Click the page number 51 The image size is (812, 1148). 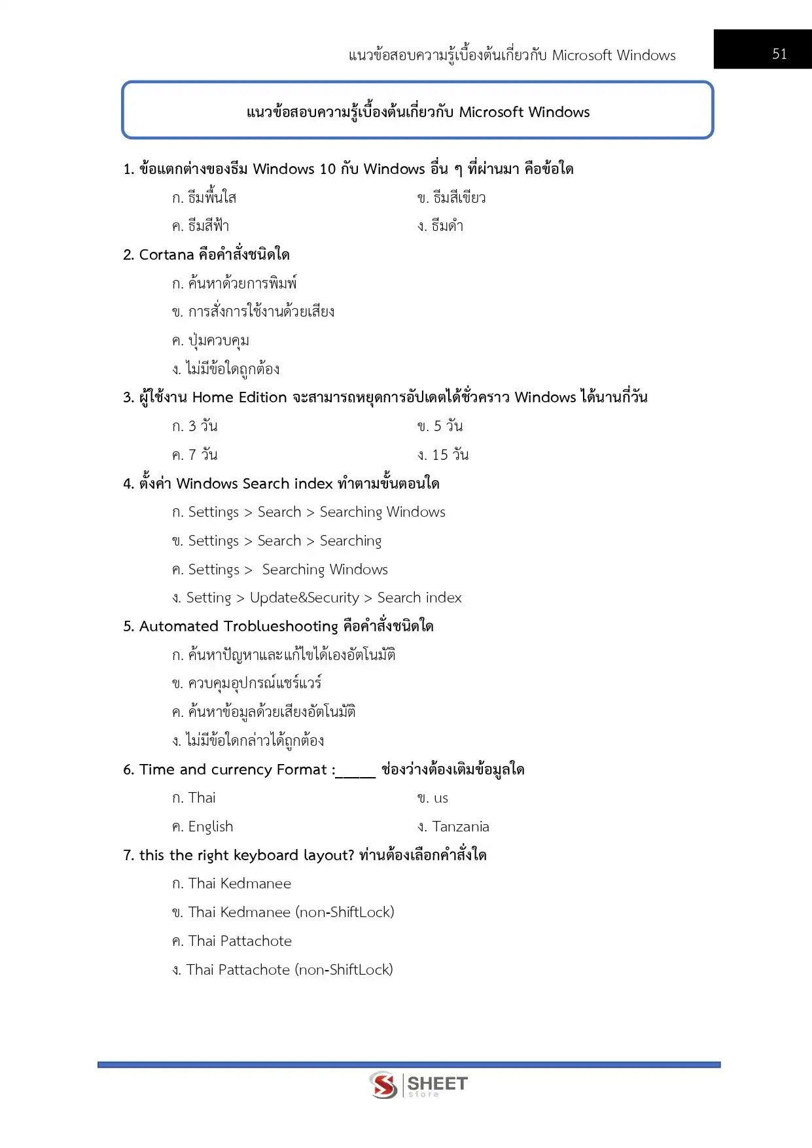[779, 54]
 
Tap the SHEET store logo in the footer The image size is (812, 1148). [419, 1085]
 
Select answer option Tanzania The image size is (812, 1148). [460, 827]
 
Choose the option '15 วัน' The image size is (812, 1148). [450, 455]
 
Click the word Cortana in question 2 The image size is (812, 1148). [166, 254]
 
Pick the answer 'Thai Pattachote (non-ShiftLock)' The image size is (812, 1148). [289, 969]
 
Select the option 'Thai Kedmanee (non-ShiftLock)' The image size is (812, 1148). [291, 912]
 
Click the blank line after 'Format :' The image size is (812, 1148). [356, 771]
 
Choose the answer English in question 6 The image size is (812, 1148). [210, 827]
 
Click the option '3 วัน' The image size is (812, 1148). [202, 426]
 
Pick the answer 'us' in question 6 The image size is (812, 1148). [440, 798]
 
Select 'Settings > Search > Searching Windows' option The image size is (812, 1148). [316, 512]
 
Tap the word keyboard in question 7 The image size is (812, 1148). [266, 856]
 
